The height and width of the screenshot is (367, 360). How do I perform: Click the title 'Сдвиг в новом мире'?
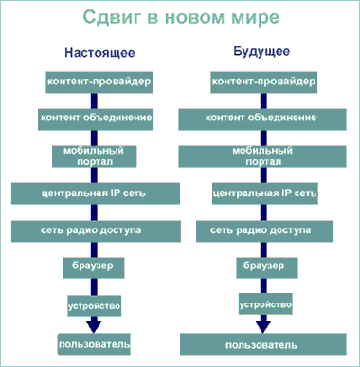coord(179,20)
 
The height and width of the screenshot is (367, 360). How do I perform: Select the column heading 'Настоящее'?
coord(93,55)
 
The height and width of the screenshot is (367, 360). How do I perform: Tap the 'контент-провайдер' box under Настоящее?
coord(92,83)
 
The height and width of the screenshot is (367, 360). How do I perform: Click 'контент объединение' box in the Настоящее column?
coord(92,119)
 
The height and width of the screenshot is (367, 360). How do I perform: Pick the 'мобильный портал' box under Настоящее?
coord(92,155)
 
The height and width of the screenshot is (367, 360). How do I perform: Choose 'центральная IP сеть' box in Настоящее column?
coord(92,193)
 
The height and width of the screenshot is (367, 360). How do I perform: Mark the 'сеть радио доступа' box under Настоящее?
coord(92,230)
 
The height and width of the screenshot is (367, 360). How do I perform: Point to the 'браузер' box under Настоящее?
coord(92,268)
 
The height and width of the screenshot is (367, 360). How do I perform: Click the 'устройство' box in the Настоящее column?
coord(92,304)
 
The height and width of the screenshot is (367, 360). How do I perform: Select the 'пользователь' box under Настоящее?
coord(92,342)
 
